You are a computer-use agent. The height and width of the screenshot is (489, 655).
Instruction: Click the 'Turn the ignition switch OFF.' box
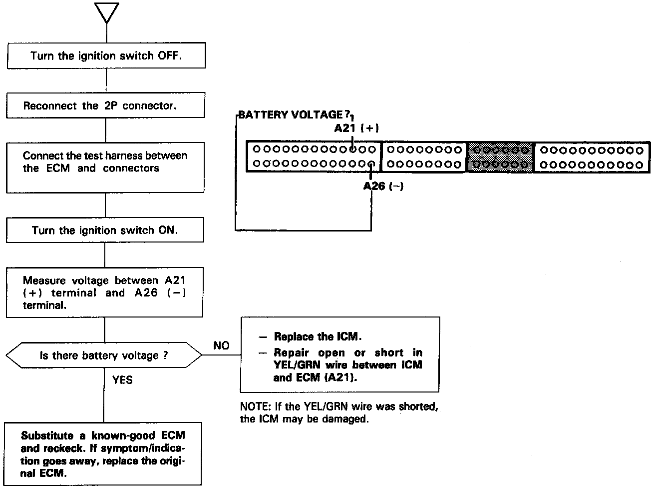[x=106, y=55]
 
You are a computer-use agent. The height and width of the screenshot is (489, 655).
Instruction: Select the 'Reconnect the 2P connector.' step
[x=106, y=105]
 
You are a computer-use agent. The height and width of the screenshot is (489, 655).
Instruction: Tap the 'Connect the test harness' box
[x=105, y=167]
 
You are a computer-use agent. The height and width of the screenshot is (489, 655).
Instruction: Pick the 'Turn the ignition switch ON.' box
[x=105, y=230]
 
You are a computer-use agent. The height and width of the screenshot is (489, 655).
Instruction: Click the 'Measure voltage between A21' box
[x=104, y=292]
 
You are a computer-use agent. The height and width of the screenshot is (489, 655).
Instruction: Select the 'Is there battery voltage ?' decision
[x=104, y=355]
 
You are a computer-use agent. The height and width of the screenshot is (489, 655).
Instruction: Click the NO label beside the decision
[x=221, y=345]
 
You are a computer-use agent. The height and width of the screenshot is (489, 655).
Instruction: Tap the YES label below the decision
[x=122, y=380]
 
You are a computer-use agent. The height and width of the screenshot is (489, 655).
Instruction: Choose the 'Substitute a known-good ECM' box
[x=103, y=454]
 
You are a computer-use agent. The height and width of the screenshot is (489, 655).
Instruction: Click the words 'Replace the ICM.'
[x=318, y=336]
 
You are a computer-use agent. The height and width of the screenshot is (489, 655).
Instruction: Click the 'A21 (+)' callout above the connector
[x=356, y=128]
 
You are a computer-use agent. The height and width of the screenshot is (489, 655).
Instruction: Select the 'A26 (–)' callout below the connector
[x=383, y=186]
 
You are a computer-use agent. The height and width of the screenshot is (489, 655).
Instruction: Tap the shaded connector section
[x=500, y=157]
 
